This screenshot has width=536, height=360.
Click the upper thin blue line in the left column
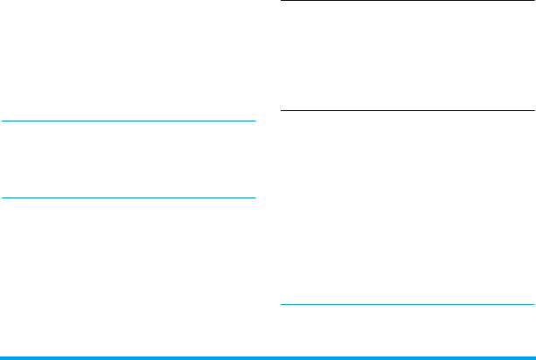pyautogui.click(x=128, y=121)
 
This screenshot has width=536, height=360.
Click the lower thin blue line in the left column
pyautogui.click(x=128, y=197)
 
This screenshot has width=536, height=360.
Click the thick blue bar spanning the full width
pyautogui.click(x=268, y=357)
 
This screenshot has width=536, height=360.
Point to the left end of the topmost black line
pyautogui.click(x=280, y=1)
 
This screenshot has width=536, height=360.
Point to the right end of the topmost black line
pyautogui.click(x=533, y=1)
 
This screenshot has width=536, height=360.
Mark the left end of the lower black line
pyautogui.click(x=280, y=111)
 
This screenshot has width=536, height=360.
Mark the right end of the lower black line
pyautogui.click(x=533, y=111)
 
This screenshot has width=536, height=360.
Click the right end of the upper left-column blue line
pyautogui.click(x=254, y=121)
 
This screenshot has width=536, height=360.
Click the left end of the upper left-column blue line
pyautogui.click(x=2, y=121)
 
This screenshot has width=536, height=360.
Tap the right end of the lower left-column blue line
pyautogui.click(x=254, y=197)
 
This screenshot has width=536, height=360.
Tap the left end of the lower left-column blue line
pyautogui.click(x=2, y=197)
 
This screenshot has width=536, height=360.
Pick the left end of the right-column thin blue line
pyautogui.click(x=280, y=305)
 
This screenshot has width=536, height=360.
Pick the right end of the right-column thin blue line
pyautogui.click(x=533, y=305)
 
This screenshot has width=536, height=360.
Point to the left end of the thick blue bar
pyautogui.click(x=2, y=357)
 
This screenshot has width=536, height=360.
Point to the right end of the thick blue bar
pyautogui.click(x=533, y=357)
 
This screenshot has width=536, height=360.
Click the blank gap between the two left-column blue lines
pyautogui.click(x=128, y=160)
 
